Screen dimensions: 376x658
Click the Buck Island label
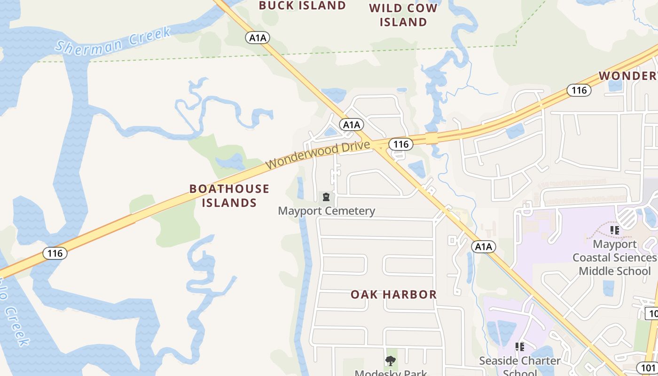coord(302,6)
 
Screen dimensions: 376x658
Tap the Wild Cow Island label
coord(403,15)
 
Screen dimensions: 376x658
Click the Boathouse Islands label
coord(229,196)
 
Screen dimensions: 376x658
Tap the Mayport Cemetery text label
coord(326,211)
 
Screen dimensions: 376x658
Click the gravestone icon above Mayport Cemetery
coord(326,197)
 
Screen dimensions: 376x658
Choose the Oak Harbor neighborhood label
coord(393,295)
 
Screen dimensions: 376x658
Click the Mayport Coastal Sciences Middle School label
coord(614,258)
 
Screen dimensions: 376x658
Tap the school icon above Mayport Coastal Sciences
coord(614,230)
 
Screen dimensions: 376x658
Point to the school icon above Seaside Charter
coord(519,347)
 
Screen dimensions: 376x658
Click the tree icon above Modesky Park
coord(390,361)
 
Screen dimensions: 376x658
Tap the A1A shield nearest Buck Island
coord(258,38)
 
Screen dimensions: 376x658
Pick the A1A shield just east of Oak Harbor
coord(483,247)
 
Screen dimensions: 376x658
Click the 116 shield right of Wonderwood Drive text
coord(400,144)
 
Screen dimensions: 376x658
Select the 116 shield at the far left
coord(55,253)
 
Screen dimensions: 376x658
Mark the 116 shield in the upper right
coord(579,90)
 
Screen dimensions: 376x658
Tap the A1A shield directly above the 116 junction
coord(351,125)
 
